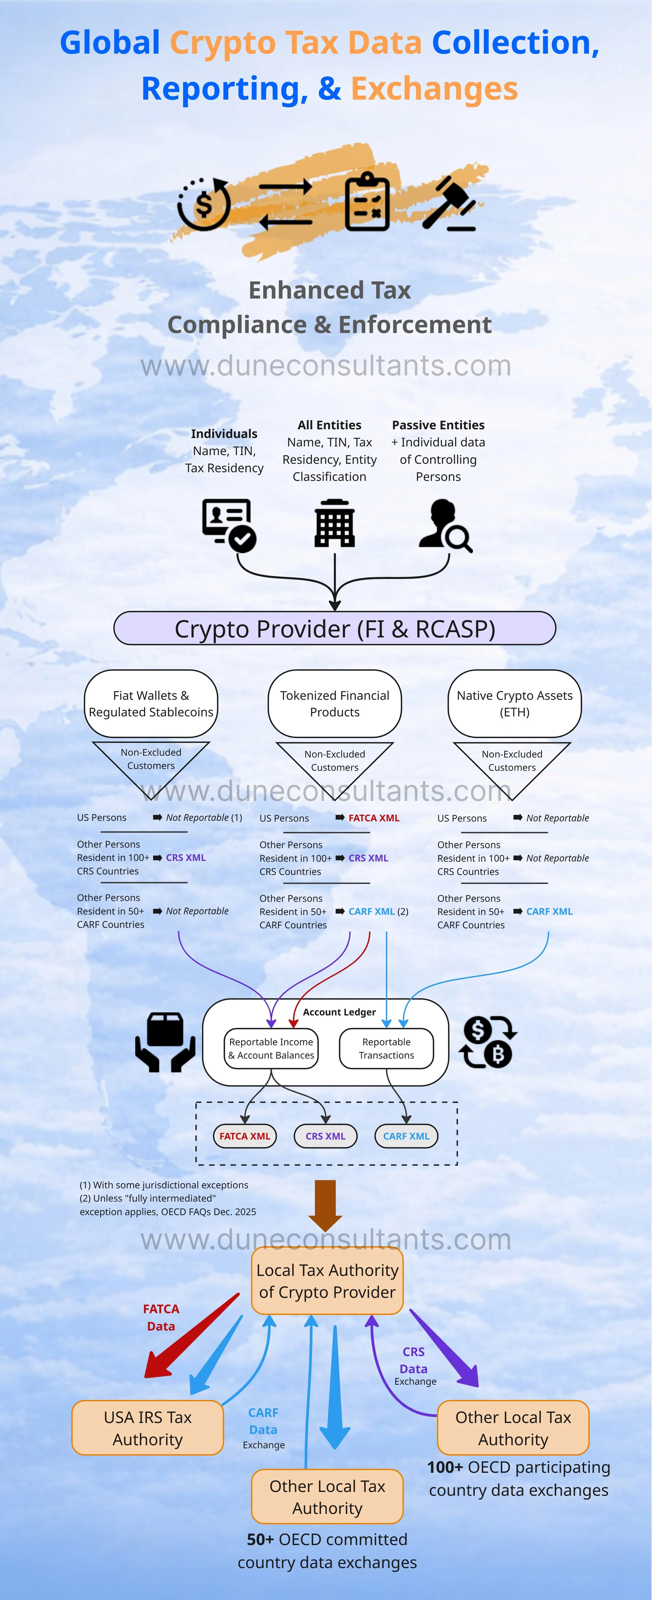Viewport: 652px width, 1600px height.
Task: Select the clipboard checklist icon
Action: click(x=367, y=202)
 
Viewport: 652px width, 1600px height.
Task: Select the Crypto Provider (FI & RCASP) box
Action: click(x=335, y=629)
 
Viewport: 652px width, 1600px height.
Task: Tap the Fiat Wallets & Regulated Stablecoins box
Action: click(x=151, y=704)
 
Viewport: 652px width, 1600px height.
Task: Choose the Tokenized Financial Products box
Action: click(x=335, y=704)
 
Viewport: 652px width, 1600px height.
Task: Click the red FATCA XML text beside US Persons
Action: click(x=374, y=818)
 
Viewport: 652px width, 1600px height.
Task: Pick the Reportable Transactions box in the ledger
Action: click(x=386, y=1048)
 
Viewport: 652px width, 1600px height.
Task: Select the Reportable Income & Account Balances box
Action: click(x=271, y=1048)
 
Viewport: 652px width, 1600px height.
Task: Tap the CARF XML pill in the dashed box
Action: click(x=406, y=1136)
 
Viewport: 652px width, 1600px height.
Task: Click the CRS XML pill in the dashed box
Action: click(x=325, y=1136)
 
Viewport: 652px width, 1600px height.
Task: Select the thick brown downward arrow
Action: click(x=325, y=1205)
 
